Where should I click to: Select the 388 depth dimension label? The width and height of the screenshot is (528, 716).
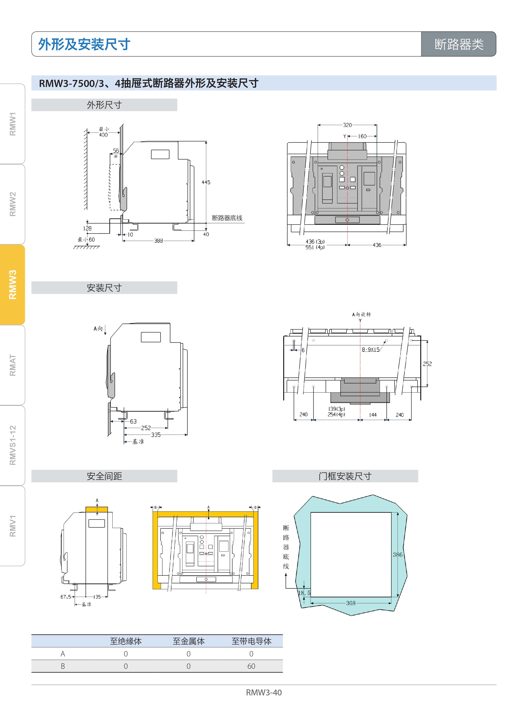[159, 241]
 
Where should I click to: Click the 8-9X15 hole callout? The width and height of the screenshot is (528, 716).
[371, 349]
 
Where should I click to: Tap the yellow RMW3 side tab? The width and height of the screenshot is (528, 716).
[13, 285]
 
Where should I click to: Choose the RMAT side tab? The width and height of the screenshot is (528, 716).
[13, 365]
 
